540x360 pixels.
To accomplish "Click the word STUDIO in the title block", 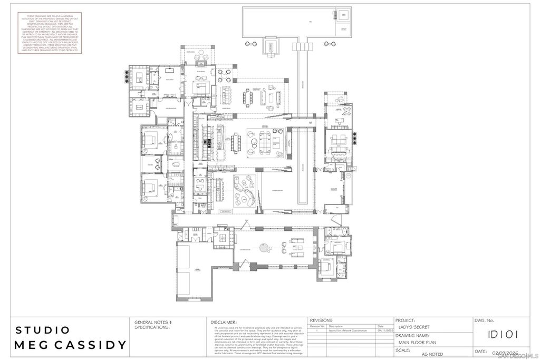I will [43, 330].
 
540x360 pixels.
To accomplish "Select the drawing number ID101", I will [503, 334].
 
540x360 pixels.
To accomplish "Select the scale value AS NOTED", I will [432, 354].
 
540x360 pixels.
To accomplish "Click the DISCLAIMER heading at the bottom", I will [224, 322].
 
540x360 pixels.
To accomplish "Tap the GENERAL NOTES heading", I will [149, 322].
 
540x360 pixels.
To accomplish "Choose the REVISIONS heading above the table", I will [321, 320].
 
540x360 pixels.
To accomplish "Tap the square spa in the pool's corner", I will [344, 15].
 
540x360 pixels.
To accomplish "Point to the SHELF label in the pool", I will [344, 30].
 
